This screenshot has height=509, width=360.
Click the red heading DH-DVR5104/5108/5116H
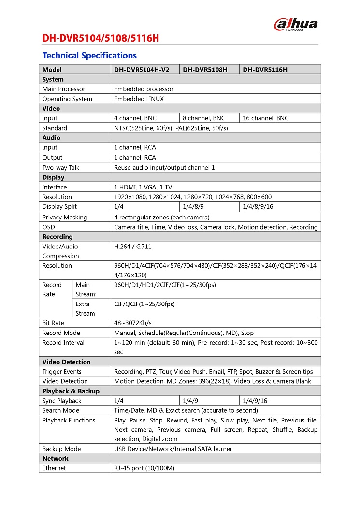tap(100, 38)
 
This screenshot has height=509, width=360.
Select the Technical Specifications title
tap(89, 55)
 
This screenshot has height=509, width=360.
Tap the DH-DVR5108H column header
tap(205, 70)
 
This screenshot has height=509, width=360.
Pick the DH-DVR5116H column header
tap(265, 70)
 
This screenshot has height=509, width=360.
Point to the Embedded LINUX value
tap(139, 99)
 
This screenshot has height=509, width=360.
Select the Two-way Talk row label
tap(61, 168)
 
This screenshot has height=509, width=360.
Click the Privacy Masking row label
tap(65, 218)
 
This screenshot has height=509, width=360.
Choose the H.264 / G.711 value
tap(132, 247)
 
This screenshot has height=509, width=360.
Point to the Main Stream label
tap(86, 290)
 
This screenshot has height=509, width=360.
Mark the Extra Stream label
tap(86, 309)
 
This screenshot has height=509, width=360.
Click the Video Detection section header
tap(66, 362)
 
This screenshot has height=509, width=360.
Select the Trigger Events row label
tap(62, 372)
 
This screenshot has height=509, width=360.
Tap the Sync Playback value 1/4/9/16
tap(255, 401)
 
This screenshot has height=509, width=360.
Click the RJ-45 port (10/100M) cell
tap(144, 468)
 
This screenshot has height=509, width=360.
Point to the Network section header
tap(56, 459)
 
